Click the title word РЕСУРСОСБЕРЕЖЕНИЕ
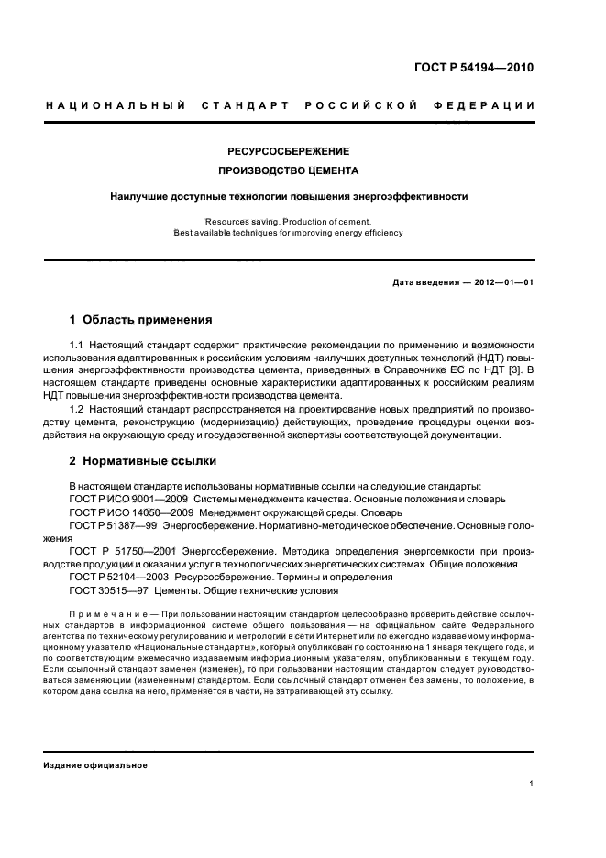pos(289,151)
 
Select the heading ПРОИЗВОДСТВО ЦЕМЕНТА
pos(289,171)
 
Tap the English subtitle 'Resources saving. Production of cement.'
pos(289,221)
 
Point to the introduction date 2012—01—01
pos(501,282)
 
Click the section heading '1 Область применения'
pos(140,320)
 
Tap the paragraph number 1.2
pos(77,408)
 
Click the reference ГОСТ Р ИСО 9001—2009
pos(128,499)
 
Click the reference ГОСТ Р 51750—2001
pos(124,552)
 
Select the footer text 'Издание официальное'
pos(95,764)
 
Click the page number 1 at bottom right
pos(531,784)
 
